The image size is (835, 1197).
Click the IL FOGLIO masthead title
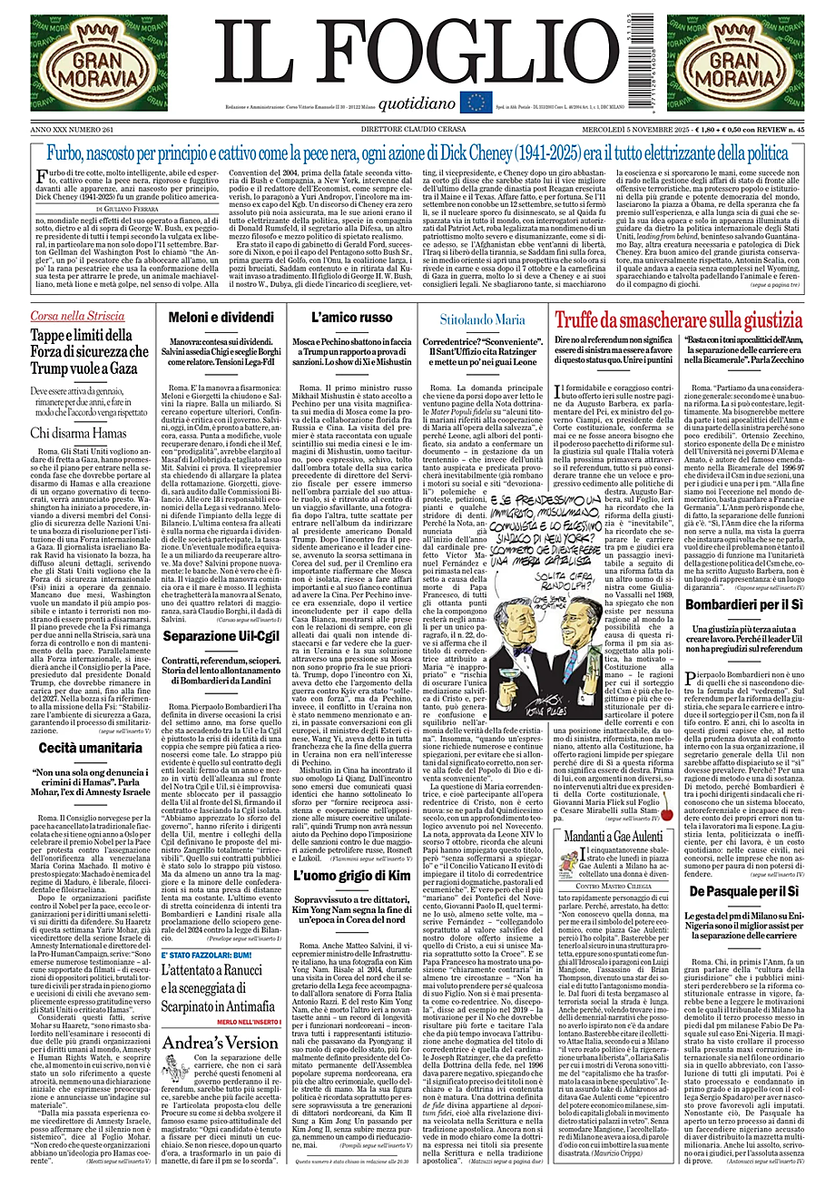point(417,53)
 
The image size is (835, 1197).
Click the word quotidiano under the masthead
point(417,103)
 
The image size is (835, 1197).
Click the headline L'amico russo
point(352,318)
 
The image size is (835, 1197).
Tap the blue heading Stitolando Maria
point(482,319)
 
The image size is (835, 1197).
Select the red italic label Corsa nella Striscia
point(77,315)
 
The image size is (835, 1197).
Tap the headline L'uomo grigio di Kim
point(352,875)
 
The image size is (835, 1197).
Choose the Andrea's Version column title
point(220,1068)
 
